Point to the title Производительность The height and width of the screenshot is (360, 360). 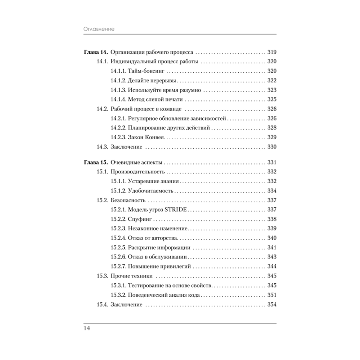[x=138, y=171]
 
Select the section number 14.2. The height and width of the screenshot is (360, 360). [x=102, y=109]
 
